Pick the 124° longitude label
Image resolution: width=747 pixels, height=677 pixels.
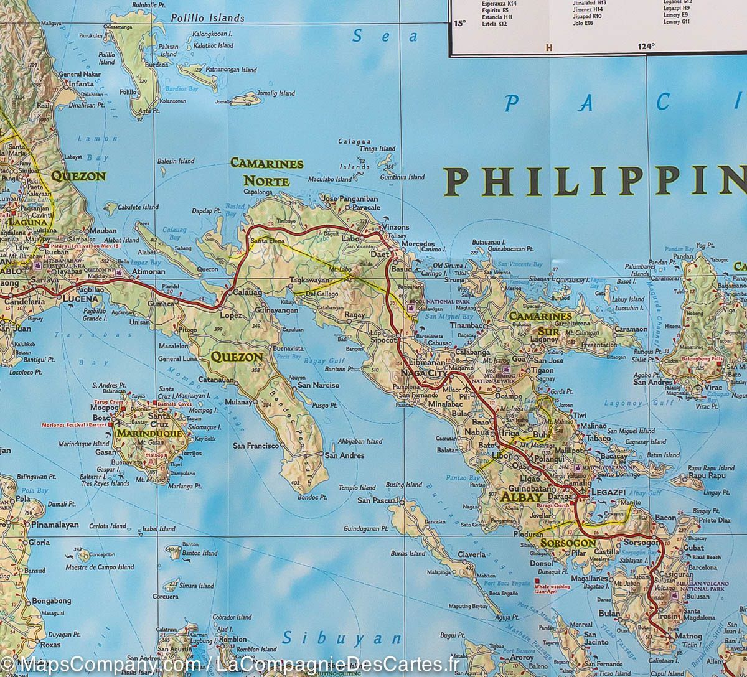pos(646,47)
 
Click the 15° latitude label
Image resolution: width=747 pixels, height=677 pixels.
pos(459,24)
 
